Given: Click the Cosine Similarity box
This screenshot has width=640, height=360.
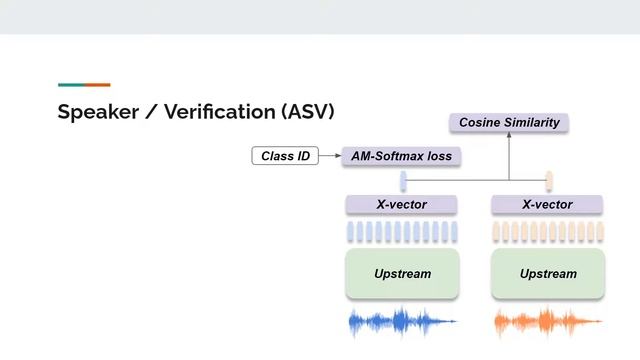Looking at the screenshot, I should tap(508, 123).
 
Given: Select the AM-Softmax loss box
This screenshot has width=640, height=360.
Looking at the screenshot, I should tap(401, 156).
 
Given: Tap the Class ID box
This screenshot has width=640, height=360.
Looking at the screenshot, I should tap(285, 156).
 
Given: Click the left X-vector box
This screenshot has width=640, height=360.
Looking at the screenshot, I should tap(401, 205).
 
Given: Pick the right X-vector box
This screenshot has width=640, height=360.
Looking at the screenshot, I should tap(547, 205).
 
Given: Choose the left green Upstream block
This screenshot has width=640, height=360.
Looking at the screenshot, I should tap(402, 273).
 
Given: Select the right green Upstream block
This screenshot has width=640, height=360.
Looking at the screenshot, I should tap(547, 273).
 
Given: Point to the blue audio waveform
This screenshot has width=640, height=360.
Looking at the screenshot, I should tap(400, 322).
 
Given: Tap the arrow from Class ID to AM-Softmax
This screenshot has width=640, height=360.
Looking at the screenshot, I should tap(329, 156).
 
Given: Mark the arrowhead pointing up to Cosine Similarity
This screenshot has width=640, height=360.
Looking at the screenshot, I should tap(509, 137).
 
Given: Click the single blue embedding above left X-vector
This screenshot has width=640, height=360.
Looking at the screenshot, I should tap(403, 180).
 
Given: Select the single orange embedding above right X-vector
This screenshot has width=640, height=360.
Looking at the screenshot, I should tap(549, 180).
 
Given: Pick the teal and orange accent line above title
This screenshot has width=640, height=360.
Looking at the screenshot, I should tap(84, 85).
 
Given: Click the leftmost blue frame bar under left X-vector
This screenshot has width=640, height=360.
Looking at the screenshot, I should tap(351, 232).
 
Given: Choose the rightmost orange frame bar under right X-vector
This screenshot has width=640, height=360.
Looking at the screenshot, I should tap(598, 232).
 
